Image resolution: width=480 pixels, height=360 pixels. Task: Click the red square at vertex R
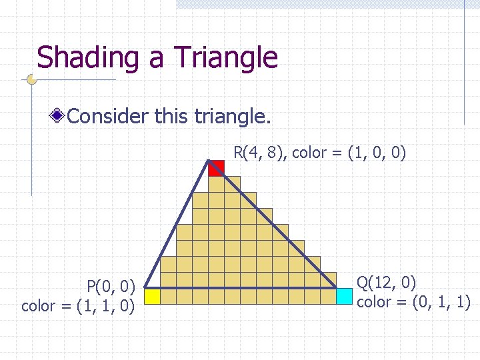[216, 168]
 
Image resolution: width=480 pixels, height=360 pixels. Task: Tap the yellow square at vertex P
[153, 296]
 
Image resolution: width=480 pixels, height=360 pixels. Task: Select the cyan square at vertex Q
[345, 296]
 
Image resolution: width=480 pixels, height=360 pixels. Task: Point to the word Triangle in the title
[226, 58]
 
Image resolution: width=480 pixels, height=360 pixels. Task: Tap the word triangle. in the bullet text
[232, 117]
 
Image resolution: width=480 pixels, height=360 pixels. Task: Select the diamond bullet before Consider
[59, 117]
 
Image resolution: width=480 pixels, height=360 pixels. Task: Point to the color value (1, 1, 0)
[106, 306]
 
